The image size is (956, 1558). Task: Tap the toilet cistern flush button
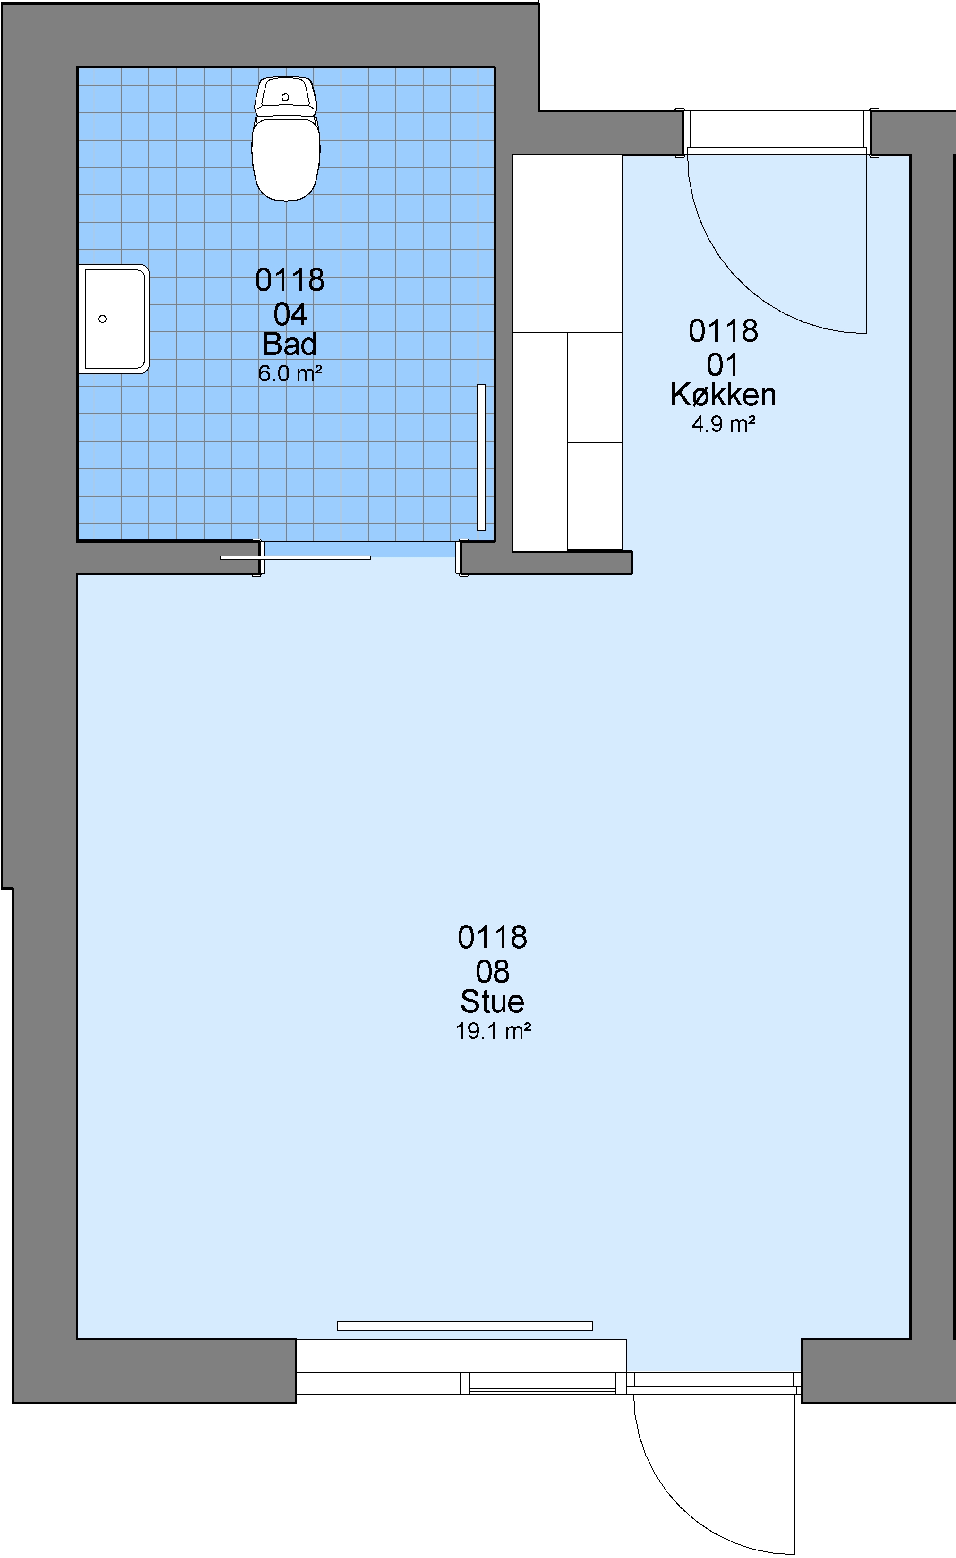click(285, 97)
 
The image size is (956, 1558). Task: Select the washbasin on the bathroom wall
click(114, 319)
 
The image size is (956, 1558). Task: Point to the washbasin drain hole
click(102, 319)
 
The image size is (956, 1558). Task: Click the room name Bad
click(290, 344)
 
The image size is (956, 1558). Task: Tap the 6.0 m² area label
click(290, 374)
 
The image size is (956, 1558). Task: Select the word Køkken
click(723, 395)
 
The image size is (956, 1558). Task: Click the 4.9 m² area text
click(723, 424)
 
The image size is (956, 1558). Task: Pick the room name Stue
click(492, 1001)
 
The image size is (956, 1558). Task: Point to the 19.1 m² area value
click(493, 1031)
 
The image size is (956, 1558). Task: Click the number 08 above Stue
click(492, 971)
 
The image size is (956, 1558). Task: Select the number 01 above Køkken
click(723, 365)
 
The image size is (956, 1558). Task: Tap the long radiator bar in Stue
click(465, 1325)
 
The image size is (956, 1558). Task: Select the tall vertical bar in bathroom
click(481, 457)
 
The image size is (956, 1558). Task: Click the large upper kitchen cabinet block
click(568, 244)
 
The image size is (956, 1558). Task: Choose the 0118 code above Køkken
click(723, 331)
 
